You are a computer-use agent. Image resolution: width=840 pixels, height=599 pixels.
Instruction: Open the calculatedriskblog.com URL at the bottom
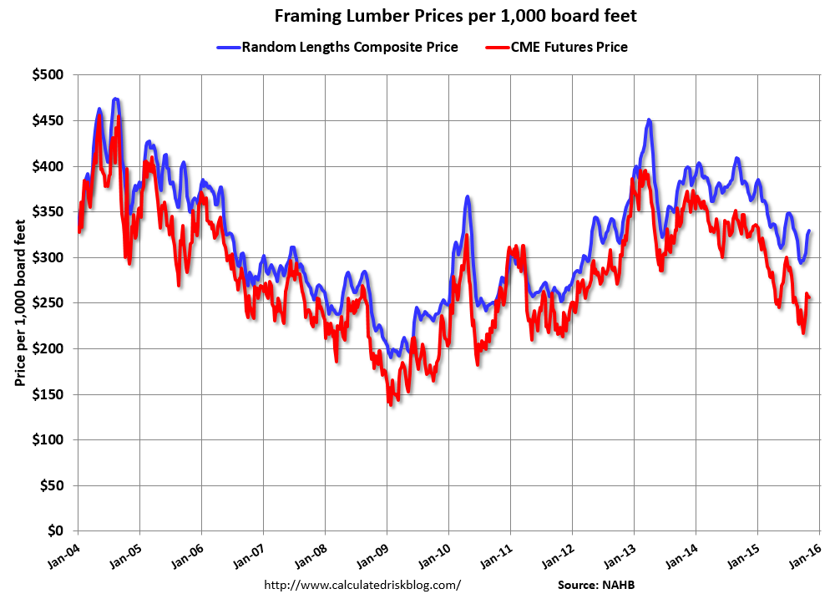(x=362, y=585)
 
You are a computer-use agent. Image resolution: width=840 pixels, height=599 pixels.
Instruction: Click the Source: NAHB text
(x=601, y=585)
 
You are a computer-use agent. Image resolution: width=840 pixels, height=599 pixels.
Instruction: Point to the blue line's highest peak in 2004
(x=116, y=99)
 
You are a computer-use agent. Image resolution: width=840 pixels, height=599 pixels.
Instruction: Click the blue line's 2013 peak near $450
(x=649, y=120)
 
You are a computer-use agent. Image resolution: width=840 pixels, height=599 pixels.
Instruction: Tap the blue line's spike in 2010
(x=468, y=197)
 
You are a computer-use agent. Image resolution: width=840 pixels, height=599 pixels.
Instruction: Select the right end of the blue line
(x=809, y=231)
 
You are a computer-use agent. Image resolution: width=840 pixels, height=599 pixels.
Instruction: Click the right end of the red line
(x=810, y=297)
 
